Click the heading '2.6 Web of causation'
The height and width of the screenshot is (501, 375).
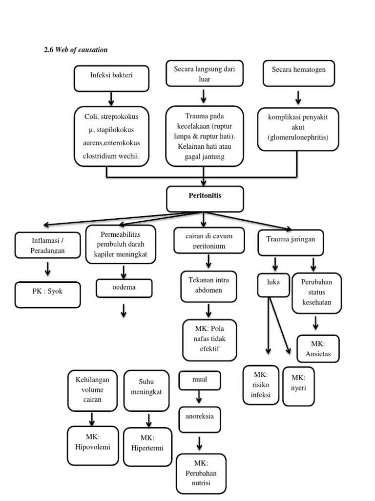click(76, 50)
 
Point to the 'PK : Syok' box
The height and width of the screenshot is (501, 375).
click(47, 295)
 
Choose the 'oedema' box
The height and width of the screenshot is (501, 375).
click(124, 288)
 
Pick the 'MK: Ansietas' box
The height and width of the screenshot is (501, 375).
click(317, 348)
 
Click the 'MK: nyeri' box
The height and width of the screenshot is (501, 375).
click(298, 385)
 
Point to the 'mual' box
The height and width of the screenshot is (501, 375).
click(199, 379)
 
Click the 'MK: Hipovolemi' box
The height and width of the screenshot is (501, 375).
click(93, 445)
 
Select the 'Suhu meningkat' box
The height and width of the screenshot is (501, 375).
click(148, 390)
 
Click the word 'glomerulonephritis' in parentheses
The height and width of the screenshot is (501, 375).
click(298, 138)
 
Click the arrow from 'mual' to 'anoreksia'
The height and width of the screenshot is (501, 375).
click(199, 397)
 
